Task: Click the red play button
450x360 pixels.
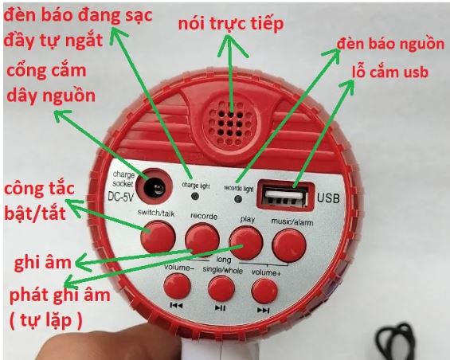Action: point(246,243)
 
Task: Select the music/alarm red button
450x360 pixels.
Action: point(289,245)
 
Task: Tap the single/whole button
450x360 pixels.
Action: point(221,288)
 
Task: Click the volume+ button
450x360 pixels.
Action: point(264,292)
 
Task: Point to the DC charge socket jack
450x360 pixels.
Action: point(155,186)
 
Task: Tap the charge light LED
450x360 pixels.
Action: point(195,196)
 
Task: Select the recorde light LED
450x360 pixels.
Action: point(238,198)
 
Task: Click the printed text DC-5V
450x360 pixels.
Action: point(121,197)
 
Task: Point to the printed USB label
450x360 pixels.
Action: point(328,198)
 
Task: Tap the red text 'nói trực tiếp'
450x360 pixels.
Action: point(231,24)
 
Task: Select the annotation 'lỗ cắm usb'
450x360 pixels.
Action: point(390,72)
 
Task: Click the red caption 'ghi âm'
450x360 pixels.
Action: point(42,262)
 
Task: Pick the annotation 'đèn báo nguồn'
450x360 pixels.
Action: point(390,45)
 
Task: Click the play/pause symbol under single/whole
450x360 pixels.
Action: point(220,308)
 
